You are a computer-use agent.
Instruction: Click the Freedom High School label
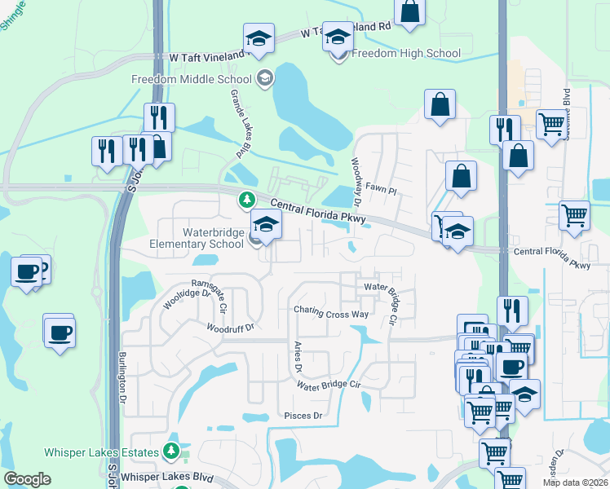coord(406,54)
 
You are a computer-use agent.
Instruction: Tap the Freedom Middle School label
coord(191,79)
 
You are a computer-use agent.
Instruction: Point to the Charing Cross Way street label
coord(332,314)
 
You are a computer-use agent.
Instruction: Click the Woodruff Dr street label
coord(231,328)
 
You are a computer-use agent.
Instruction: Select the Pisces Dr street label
coord(303,416)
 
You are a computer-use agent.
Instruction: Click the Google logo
coord(27,480)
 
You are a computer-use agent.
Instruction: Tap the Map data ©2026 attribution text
coord(574,482)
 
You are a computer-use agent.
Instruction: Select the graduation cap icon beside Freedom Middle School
coord(264,79)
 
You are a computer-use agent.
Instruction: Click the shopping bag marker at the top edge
coord(409,12)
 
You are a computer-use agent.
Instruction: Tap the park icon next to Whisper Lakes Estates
coord(171,450)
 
